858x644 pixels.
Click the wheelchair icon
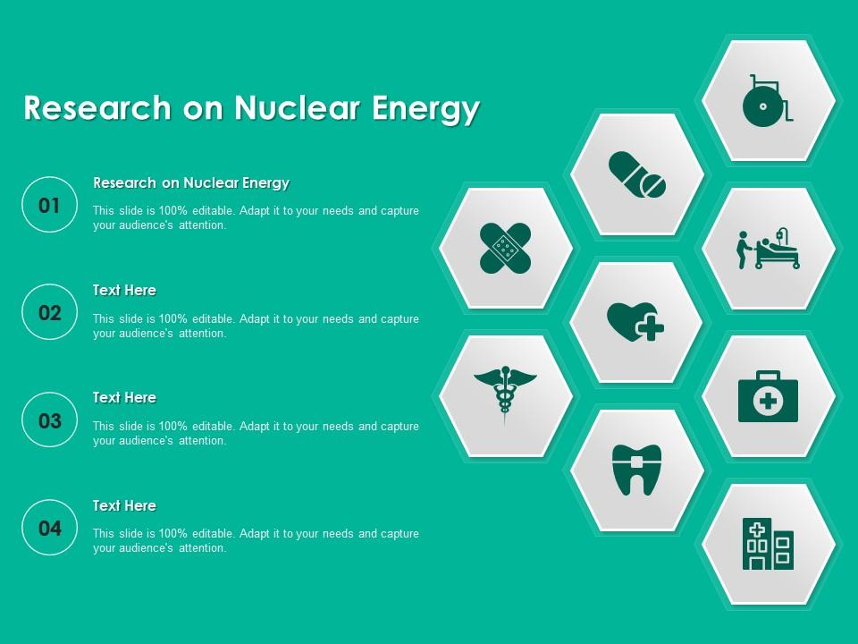(767, 101)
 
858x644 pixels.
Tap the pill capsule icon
(636, 174)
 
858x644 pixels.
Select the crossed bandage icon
(505, 248)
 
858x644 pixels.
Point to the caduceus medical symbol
(505, 394)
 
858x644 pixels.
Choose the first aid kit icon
(768, 396)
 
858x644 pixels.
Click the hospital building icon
(768, 544)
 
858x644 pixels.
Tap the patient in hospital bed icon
(768, 249)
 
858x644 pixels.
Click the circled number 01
(50, 206)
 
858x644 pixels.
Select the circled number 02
(50, 313)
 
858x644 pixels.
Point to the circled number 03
(50, 420)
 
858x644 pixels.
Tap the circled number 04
(50, 529)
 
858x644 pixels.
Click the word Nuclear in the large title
(298, 108)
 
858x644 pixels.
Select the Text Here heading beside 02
(124, 291)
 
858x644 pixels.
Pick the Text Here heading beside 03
(124, 398)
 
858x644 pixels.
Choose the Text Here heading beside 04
(124, 506)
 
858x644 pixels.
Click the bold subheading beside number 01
(191, 183)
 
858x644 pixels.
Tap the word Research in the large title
(97, 108)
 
